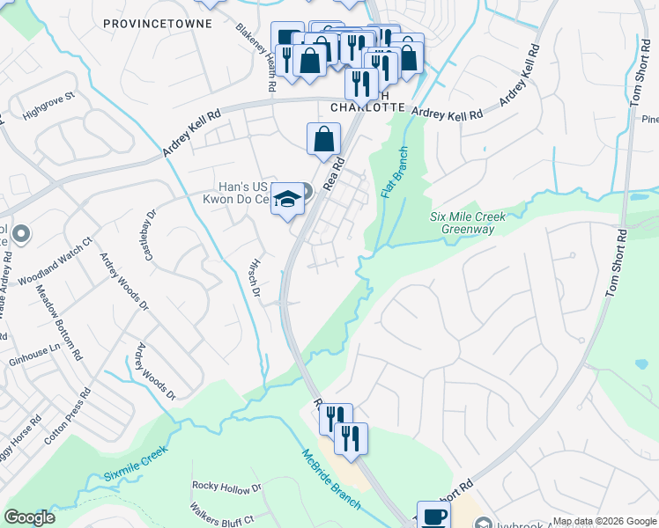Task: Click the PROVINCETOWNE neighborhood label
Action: (158, 23)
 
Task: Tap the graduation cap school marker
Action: (287, 200)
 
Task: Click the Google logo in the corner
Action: (29, 517)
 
